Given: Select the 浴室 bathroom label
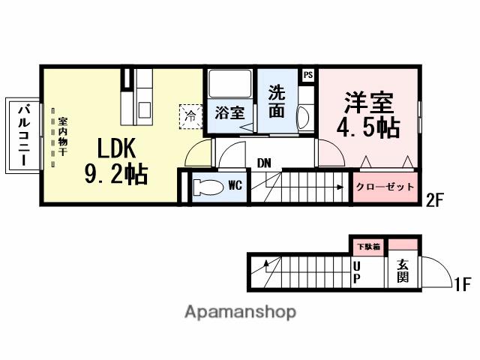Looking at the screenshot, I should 229,113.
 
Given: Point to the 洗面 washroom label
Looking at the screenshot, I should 277,102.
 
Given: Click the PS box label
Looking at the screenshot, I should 308,75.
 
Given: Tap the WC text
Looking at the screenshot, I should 234,184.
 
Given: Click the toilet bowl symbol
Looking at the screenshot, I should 203,186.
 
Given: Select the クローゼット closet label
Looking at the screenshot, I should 384,187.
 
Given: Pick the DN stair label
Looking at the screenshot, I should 264,163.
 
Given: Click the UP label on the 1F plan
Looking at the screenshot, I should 357,271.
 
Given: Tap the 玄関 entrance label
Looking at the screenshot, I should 403,271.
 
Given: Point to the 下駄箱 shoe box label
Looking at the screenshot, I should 367,246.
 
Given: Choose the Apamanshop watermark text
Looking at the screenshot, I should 240,311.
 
